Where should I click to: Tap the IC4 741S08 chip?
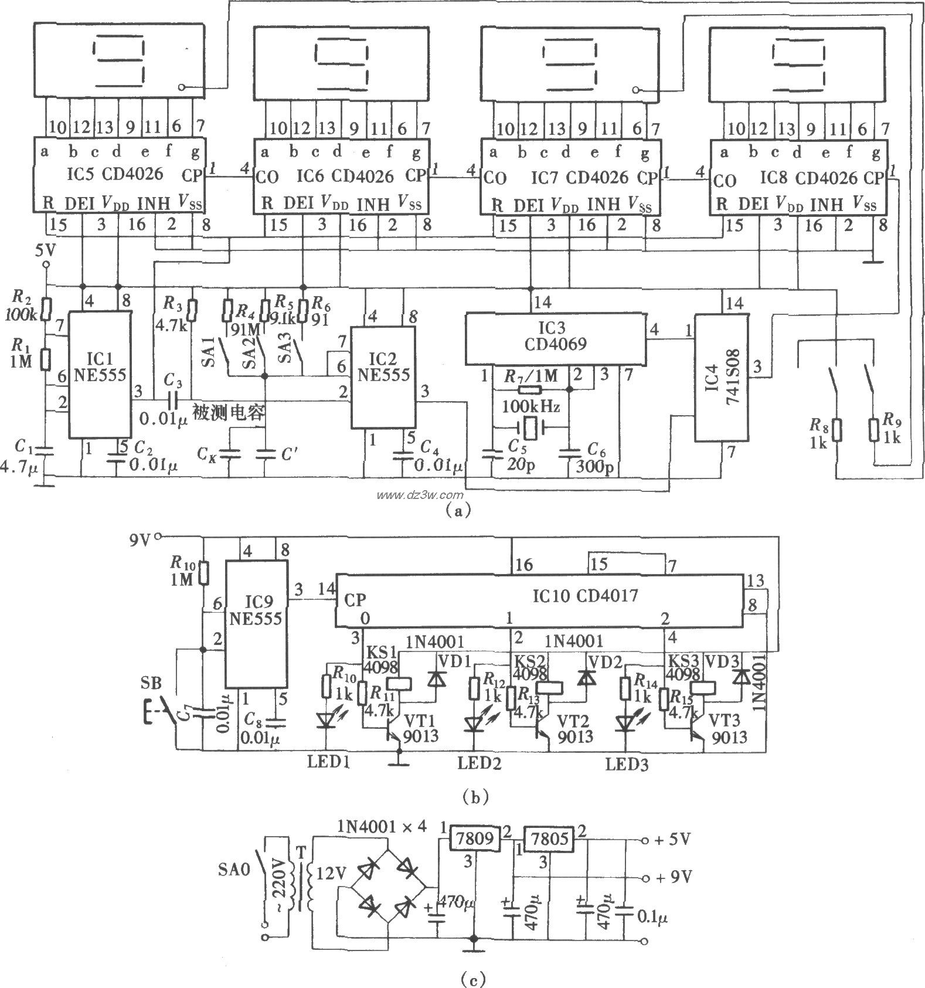point(722,378)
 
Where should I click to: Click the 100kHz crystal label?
point(530,406)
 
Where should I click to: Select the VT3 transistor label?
point(725,720)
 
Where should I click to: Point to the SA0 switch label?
point(237,868)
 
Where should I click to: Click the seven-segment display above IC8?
point(798,62)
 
